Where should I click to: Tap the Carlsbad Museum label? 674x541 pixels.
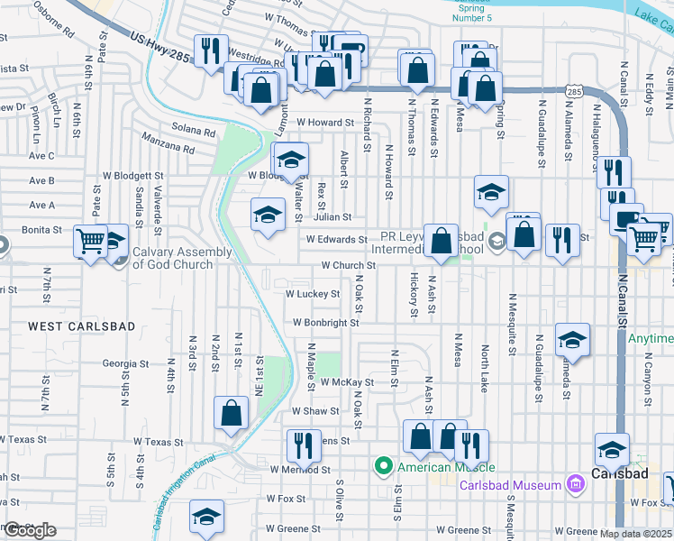tap(510, 485)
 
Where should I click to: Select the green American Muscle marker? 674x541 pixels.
tap(383, 466)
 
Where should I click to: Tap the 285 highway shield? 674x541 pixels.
tap(574, 92)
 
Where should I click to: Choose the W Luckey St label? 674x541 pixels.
tap(312, 294)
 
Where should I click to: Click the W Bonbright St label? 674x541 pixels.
tap(325, 323)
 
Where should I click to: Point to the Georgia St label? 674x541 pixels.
tap(125, 364)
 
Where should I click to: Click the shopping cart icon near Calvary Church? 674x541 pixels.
tap(91, 241)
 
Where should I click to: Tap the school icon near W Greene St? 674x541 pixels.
tap(206, 518)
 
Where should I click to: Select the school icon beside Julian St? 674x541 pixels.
tap(267, 215)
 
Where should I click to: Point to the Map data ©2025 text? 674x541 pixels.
tap(636, 534)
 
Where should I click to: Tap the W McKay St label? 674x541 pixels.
tap(347, 383)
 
